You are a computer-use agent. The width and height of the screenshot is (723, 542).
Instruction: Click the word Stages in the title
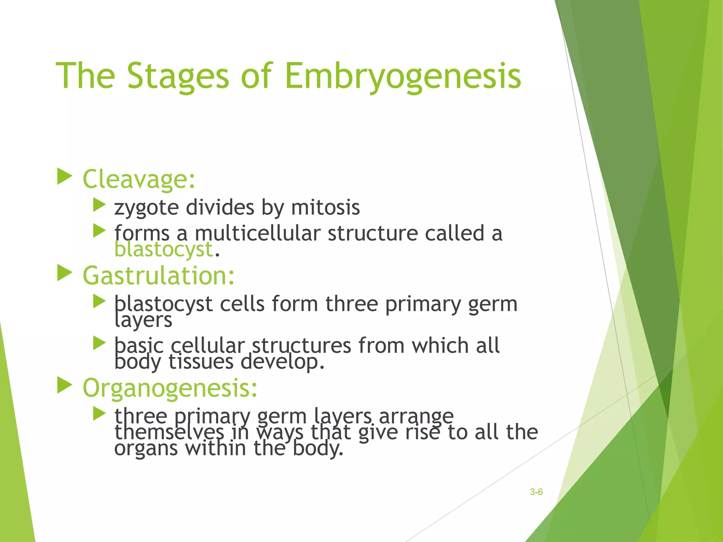[178, 76]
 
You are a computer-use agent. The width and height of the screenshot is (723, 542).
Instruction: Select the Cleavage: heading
[139, 179]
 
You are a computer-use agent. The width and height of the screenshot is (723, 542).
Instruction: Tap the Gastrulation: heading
[159, 276]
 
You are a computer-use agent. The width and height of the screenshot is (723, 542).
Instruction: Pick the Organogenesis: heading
[170, 388]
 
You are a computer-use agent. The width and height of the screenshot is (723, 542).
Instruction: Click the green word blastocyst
[163, 249]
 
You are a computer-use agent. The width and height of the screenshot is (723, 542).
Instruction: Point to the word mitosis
[325, 207]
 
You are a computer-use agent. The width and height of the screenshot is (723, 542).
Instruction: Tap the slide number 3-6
[536, 492]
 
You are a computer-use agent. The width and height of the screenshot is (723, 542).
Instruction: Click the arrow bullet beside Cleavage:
[64, 176]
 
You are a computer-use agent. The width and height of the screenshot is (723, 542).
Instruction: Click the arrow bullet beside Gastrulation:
[64, 273]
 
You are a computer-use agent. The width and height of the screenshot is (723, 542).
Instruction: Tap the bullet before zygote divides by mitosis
[99, 205]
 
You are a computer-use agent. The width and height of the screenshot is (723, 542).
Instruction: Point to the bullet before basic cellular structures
[99, 343]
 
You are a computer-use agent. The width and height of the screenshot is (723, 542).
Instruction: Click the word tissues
[201, 362]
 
